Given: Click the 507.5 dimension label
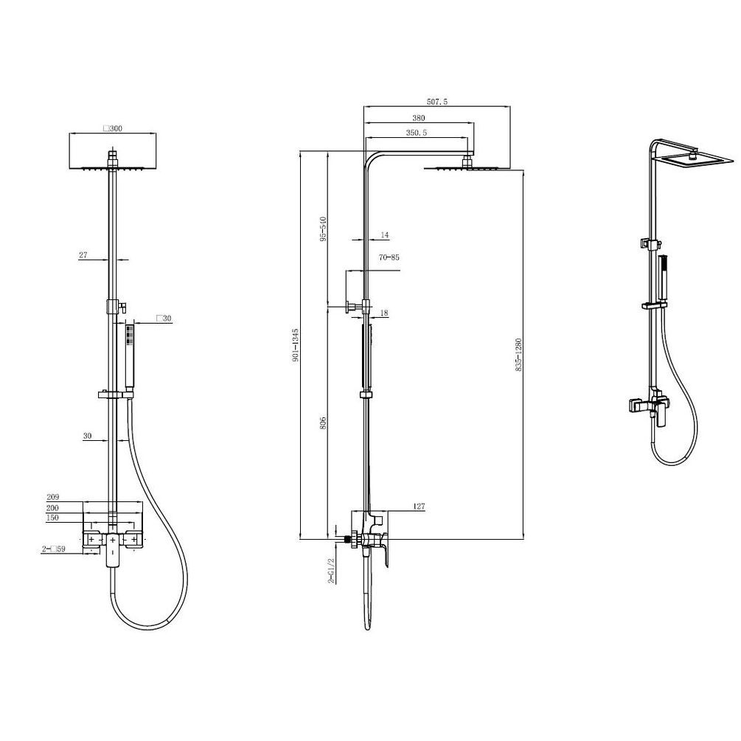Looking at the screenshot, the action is click(x=436, y=102).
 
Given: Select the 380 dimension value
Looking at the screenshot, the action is click(x=418, y=118).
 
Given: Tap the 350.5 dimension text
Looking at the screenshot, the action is click(x=417, y=133).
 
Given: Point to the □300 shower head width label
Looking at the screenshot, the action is click(x=113, y=128).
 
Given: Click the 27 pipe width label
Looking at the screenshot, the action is click(x=83, y=255).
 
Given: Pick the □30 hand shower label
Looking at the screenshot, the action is click(x=164, y=319).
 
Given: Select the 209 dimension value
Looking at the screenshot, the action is click(x=52, y=497).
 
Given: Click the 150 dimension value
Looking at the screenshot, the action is click(x=52, y=518).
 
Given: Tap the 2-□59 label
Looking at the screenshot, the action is click(x=53, y=549).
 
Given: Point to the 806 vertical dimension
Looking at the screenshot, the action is click(x=323, y=422).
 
